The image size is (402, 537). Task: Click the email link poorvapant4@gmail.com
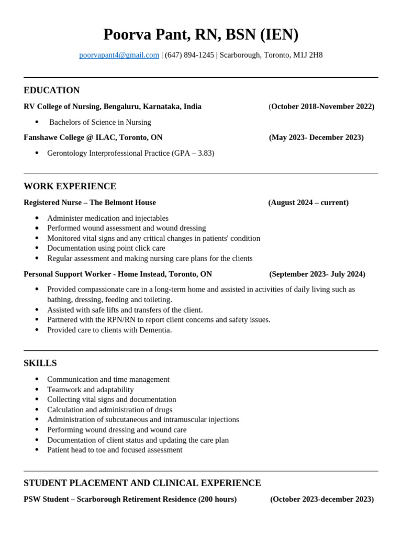[119, 55]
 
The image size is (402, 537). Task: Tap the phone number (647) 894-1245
[189, 55]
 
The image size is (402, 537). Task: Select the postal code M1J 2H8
[308, 55]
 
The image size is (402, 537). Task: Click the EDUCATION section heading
[52, 90]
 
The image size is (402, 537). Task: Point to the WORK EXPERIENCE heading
[70, 186]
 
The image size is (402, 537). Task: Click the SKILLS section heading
[40, 363]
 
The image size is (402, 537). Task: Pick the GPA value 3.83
[204, 153]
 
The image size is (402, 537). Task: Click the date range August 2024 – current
[308, 202]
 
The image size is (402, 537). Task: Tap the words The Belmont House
[122, 202]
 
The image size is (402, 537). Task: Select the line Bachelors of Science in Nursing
[100, 122]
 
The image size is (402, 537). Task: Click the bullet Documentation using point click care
[106, 248]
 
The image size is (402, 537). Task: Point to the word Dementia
[155, 330]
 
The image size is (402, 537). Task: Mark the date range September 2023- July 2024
[317, 274]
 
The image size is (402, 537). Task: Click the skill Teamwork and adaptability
[90, 390]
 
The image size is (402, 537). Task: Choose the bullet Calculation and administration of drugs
[109, 410]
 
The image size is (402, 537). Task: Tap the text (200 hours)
[217, 499]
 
